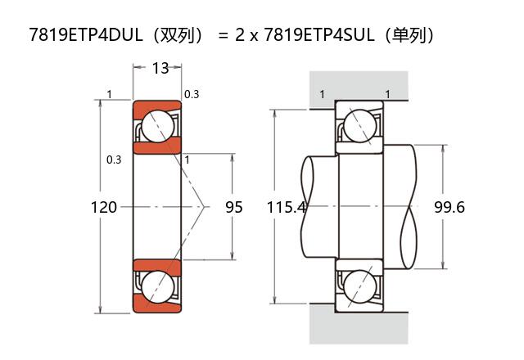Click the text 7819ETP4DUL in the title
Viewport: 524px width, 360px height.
(86, 34)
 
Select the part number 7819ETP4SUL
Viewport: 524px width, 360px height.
(319, 34)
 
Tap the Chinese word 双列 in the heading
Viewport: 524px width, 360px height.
(178, 35)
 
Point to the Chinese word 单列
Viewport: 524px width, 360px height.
(409, 35)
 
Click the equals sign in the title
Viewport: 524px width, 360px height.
(223, 35)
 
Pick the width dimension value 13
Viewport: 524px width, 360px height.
(160, 68)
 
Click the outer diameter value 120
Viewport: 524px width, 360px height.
(104, 207)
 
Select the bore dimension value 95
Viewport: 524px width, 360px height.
(233, 207)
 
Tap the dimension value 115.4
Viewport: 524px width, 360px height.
(287, 207)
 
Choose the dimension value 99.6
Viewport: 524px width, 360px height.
(449, 207)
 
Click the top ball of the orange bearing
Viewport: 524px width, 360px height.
(158, 126)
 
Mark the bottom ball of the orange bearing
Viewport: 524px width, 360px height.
(158, 286)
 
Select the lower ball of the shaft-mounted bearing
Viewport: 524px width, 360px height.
(360, 287)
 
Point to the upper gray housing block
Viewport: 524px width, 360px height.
(359, 85)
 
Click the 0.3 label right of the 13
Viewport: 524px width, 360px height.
(192, 95)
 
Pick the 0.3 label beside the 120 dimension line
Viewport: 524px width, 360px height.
(114, 160)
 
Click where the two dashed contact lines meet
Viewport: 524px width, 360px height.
(204, 207)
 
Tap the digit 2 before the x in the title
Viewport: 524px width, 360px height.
(240, 35)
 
